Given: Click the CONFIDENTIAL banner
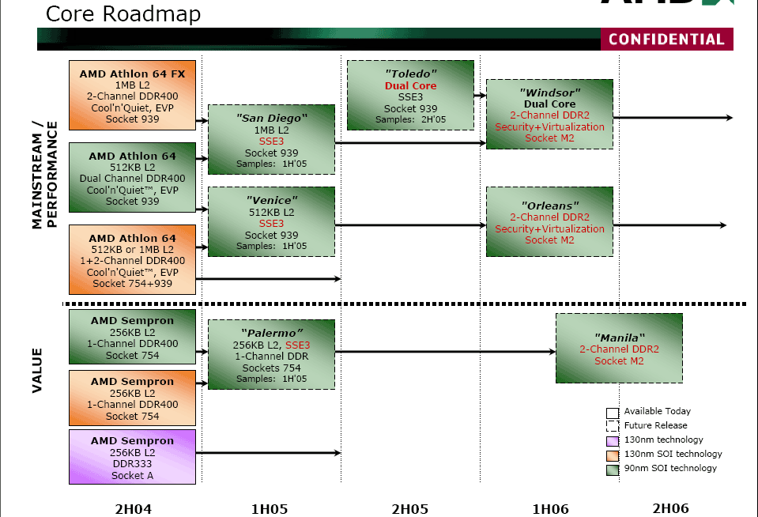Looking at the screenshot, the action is click(666, 40).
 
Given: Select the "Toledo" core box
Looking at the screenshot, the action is click(410, 96).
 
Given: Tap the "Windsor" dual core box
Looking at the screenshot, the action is click(549, 114).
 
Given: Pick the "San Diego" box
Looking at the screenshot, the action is click(271, 139).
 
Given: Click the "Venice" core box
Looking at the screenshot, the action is click(271, 221).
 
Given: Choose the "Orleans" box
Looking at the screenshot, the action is click(549, 221).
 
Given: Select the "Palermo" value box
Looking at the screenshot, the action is click(271, 354).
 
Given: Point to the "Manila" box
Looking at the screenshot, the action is click(619, 348).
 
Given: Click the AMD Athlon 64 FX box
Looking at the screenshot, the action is click(133, 96).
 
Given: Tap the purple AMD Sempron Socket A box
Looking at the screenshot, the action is click(133, 457).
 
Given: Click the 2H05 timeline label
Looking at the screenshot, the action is click(410, 509).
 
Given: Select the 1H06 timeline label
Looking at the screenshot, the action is click(550, 509).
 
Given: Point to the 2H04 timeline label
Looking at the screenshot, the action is click(134, 509).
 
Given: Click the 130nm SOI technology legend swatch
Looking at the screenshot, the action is click(613, 455).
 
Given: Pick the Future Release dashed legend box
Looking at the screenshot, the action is click(613, 425).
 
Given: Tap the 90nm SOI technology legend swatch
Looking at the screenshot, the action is click(613, 470).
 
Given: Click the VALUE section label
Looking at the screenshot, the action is click(37, 370).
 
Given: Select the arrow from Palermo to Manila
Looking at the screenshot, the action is click(445, 352).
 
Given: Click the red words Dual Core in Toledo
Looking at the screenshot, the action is click(410, 85).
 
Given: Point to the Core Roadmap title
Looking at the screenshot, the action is click(123, 13).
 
